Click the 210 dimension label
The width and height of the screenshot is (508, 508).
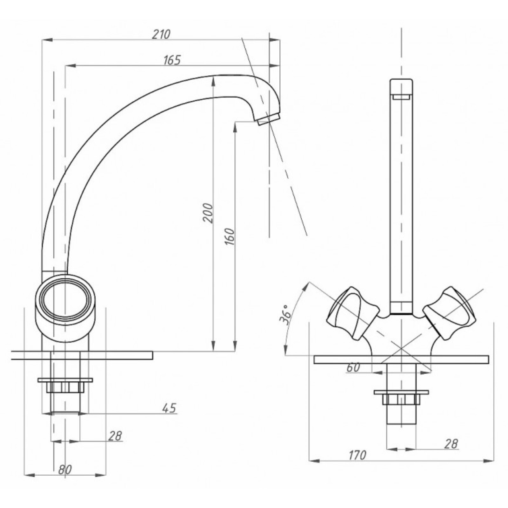[x=161, y=34]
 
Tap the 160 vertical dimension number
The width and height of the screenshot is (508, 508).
[x=230, y=236]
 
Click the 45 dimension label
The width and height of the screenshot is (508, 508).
[x=169, y=408]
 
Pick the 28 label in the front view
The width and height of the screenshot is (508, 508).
[x=451, y=444]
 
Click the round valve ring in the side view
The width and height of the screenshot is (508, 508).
[x=65, y=299]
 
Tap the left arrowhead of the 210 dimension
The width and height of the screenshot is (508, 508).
[x=47, y=40]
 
